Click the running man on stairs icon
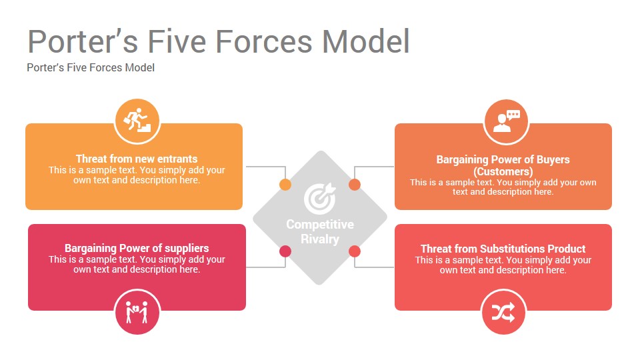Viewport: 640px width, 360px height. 137,121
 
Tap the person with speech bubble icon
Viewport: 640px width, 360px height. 507,121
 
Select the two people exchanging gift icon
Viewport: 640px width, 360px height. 137,312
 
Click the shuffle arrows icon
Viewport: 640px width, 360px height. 503,313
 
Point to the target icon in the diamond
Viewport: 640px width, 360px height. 319,198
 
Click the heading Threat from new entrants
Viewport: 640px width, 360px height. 137,159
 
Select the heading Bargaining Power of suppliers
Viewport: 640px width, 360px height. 137,248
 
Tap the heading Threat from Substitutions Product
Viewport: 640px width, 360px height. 503,249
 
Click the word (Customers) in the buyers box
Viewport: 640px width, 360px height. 503,171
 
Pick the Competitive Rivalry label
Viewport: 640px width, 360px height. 320,231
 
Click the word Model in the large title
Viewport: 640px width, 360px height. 366,41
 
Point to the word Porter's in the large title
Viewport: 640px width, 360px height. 83,41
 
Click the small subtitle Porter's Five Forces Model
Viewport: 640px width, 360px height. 91,67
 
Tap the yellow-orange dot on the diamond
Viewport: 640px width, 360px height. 285,185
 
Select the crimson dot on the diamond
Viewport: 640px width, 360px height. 285,251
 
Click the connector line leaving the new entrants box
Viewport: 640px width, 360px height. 266,167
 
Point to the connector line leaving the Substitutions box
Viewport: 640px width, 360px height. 374,267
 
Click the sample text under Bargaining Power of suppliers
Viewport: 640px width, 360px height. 137,265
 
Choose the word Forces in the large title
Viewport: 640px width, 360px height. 264,41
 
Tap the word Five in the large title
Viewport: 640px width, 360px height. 177,41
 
